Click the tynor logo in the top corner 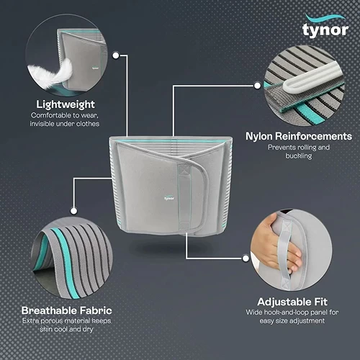[x=325, y=26]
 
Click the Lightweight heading [x=66, y=104]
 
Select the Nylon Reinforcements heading [x=299, y=136]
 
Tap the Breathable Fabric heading [x=66, y=310]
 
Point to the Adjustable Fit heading [x=292, y=302]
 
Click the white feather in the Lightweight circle [x=51, y=73]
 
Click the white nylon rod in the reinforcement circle [x=311, y=76]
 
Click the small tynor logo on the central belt [x=169, y=198]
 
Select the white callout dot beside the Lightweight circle [x=116, y=55]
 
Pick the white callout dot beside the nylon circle [x=257, y=86]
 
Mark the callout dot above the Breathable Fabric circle [x=74, y=211]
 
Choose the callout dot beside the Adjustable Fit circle [x=246, y=258]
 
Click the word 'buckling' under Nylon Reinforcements [x=299, y=156]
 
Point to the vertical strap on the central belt [x=184, y=197]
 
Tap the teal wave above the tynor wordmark [x=325, y=18]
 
